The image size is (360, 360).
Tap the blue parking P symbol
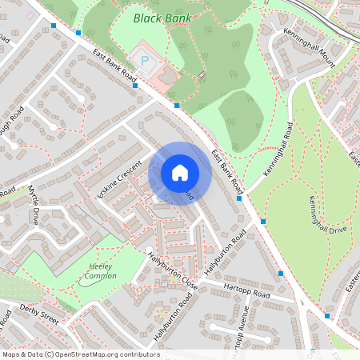145,59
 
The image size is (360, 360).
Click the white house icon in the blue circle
180,173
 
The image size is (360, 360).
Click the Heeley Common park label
101,272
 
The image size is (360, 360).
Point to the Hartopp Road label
248,292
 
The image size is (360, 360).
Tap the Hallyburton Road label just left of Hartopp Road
226,256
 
